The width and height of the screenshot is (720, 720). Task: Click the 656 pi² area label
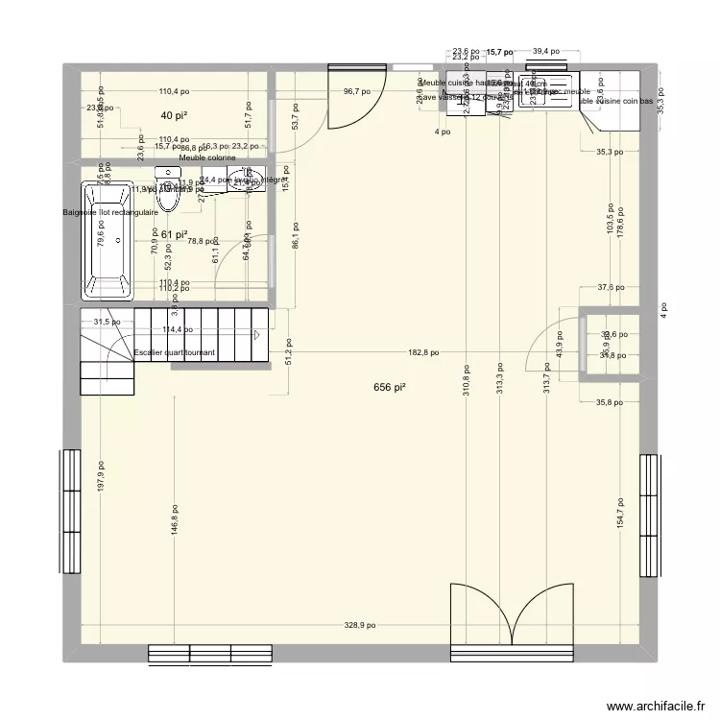click(389, 387)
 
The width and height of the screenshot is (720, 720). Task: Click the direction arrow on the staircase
click(258, 335)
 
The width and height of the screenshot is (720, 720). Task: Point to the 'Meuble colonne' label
click(207, 157)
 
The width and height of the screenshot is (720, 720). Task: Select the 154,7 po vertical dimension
click(621, 516)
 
